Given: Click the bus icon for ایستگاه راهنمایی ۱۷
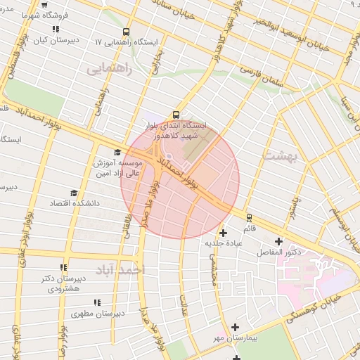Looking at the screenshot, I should pyautogui.click(x=126, y=32).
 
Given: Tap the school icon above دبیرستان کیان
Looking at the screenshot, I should pyautogui.click(x=56, y=30).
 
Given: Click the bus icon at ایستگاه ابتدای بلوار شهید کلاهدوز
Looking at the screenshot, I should pyautogui.click(x=175, y=115).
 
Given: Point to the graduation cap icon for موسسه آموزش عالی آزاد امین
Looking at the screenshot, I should pyautogui.click(x=117, y=152).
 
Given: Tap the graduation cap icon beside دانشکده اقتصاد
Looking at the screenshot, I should pyautogui.click(x=74, y=193).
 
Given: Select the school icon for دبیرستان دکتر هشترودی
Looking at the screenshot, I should pyautogui.click(x=63, y=267).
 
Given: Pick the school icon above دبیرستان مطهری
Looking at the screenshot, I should pyautogui.click(x=97, y=302).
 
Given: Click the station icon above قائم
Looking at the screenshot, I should pyautogui.click(x=249, y=218).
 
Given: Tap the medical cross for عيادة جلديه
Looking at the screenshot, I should pyautogui.click(x=224, y=233).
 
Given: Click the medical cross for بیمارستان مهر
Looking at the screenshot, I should pyautogui.click(x=235, y=327).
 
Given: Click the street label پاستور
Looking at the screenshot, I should pyautogui.click(x=298, y=205).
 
